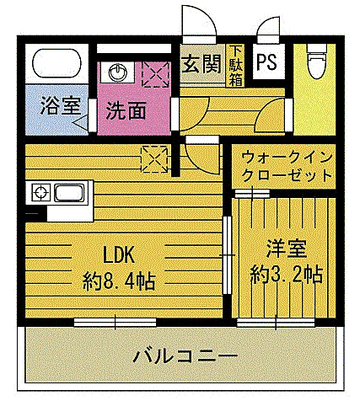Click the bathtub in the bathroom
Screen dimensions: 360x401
point(57,63)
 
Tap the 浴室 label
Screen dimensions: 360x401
point(61,105)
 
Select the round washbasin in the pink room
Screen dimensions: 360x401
point(117,72)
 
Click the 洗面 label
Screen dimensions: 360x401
point(126,110)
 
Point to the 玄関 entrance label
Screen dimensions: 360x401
point(202,64)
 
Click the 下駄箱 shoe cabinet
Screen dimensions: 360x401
point(235,66)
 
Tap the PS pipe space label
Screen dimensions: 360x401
point(266,61)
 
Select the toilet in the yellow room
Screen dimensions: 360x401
point(317,61)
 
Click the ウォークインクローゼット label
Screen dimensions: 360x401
point(287,167)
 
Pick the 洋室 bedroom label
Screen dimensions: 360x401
point(286,249)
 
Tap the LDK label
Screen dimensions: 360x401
point(118,254)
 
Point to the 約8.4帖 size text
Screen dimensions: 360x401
point(119,281)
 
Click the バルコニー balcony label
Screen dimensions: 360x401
point(185,356)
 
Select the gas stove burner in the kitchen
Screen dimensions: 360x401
point(41,193)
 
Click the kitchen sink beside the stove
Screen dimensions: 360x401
point(69,193)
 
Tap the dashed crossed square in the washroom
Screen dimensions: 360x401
point(156,75)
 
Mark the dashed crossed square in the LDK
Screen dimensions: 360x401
point(154,159)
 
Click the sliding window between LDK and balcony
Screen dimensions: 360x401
point(115,322)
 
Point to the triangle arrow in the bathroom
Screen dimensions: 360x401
point(81,123)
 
